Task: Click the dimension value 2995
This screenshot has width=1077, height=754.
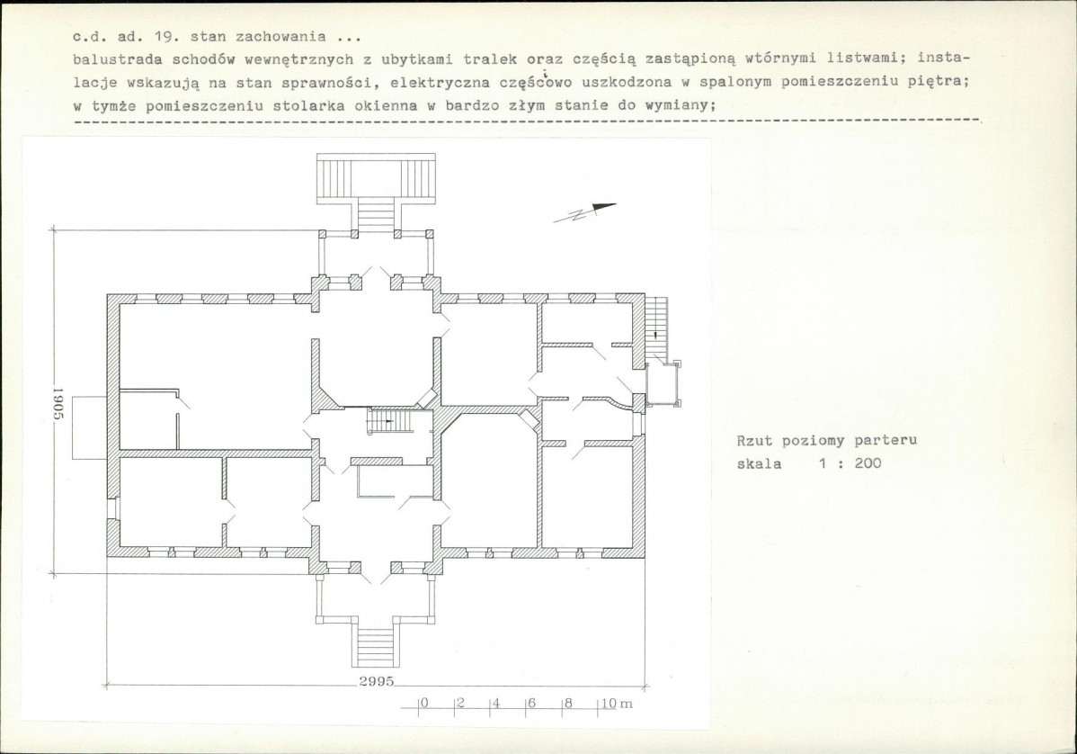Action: [x=377, y=681]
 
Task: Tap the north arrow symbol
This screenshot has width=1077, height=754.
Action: [x=584, y=212]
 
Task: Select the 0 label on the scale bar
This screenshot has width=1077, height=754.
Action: [x=423, y=703]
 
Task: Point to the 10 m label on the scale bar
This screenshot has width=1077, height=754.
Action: [x=618, y=704]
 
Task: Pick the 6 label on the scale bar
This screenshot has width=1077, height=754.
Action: [x=531, y=703]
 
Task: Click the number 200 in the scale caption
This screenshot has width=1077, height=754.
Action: [x=868, y=463]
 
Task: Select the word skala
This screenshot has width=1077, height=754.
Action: [x=759, y=464]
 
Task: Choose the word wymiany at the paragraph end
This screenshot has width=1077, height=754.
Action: [x=681, y=106]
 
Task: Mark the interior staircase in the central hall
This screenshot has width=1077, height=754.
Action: [x=390, y=421]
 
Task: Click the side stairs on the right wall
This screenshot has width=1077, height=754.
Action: [x=656, y=328]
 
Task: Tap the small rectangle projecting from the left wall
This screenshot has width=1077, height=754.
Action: [x=89, y=426]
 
